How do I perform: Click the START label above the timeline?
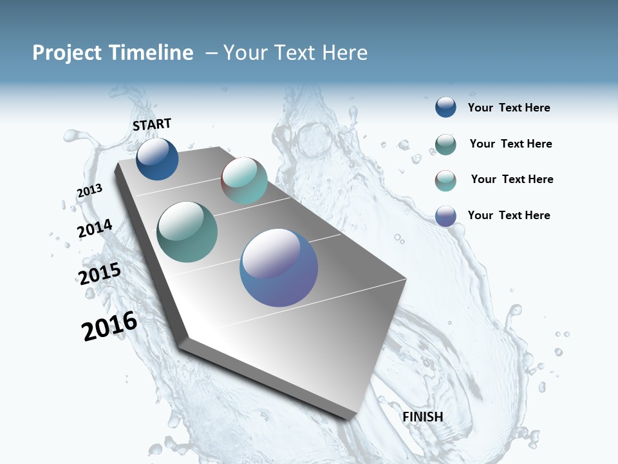point(152,124)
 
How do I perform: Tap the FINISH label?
point(422,417)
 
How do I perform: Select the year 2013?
point(89,191)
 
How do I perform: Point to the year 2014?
point(95,229)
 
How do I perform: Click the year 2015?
point(100,274)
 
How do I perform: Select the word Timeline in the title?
point(152,53)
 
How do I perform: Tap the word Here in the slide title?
point(344,53)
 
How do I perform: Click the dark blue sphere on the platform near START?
point(157,159)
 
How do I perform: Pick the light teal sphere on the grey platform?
point(244,180)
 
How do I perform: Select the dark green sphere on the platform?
point(187,232)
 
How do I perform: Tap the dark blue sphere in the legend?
point(445,107)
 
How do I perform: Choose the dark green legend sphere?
point(445,144)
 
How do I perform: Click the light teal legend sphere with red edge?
point(445,180)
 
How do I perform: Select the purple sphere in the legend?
point(445,216)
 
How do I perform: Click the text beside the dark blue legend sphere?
point(509,108)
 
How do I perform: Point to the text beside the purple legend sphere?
point(509,215)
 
